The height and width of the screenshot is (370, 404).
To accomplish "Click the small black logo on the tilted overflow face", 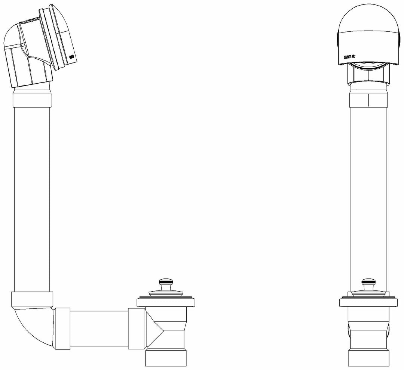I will tap(71, 57).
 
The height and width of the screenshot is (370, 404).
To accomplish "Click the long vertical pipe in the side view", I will tap(32, 198).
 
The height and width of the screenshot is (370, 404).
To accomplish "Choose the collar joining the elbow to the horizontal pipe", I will tap(62, 329).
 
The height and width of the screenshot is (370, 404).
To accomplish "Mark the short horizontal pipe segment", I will tap(99, 329).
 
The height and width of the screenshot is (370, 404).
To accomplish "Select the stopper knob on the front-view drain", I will tap(368, 282).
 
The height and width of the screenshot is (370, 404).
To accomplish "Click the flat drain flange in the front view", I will tap(368, 302).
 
